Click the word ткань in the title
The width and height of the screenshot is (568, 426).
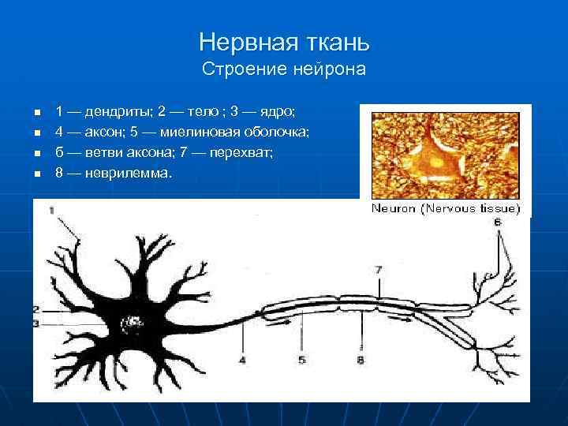(x=336, y=40)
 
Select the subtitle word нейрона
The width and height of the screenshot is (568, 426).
(x=331, y=69)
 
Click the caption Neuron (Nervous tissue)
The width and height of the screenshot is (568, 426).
(x=446, y=208)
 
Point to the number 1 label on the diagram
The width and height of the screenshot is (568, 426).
(x=51, y=210)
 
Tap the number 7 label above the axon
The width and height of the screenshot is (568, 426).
(x=379, y=270)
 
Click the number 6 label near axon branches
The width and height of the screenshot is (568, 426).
(x=497, y=223)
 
